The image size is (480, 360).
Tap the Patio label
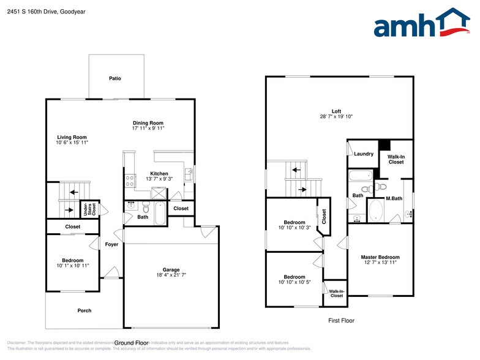coord(115,78)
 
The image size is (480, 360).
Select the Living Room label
coord(72,137)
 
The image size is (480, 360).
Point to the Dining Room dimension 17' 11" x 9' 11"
coord(148,129)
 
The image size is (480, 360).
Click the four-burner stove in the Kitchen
coord(130,180)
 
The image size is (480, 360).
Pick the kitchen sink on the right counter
coord(189,174)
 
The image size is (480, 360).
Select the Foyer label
coord(111,244)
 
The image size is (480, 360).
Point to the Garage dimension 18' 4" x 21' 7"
coord(171,275)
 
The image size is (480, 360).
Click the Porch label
coord(84,310)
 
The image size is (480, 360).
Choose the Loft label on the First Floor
coord(336,111)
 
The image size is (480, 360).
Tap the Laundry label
coord(364,154)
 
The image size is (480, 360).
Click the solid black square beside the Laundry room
coord(384,145)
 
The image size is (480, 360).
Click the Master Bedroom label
coord(380,257)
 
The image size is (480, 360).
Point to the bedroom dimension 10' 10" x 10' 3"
coord(294,227)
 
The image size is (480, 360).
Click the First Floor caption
coord(340,320)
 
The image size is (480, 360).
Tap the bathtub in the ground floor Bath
coord(159,214)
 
